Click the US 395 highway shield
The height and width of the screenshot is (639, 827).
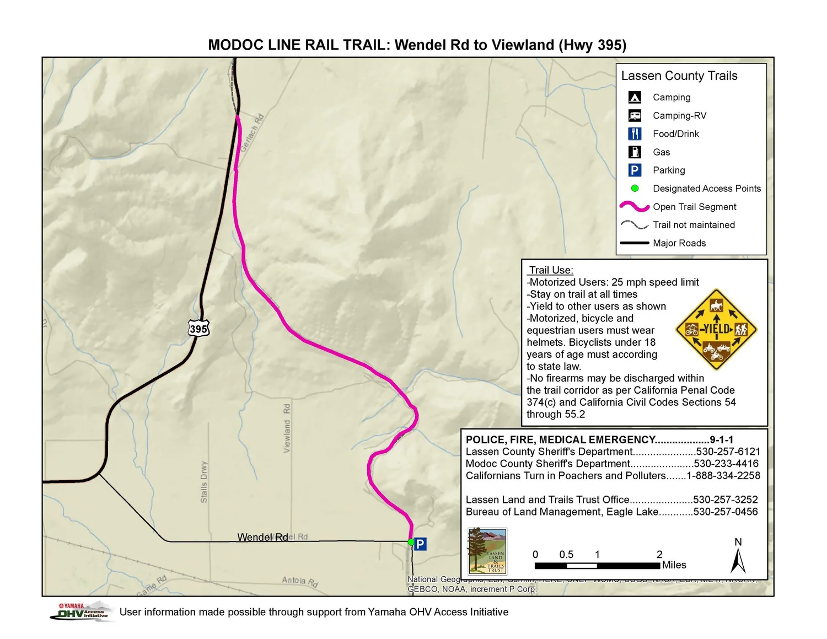198,329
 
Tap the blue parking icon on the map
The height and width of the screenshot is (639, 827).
420,544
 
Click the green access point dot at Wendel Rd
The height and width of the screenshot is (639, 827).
411,542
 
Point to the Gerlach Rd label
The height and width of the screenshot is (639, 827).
252,133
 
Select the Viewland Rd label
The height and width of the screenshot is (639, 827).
287,428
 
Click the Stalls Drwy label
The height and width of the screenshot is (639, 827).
204,481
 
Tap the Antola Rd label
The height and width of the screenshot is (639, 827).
300,581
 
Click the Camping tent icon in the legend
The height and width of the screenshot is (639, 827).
635,98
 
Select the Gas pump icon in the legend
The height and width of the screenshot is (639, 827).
635,152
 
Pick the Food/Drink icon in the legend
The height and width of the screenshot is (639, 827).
635,134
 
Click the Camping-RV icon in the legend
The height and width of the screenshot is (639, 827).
635,116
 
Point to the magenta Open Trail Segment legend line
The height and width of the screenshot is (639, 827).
635,207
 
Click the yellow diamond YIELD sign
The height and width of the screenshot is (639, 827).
716,330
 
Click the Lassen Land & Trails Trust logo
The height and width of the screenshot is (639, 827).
487,551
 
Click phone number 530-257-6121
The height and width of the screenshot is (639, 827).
728,452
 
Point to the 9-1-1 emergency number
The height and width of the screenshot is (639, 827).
722,439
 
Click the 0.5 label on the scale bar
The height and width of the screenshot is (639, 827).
566,555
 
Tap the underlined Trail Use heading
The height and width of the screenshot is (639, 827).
551,270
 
